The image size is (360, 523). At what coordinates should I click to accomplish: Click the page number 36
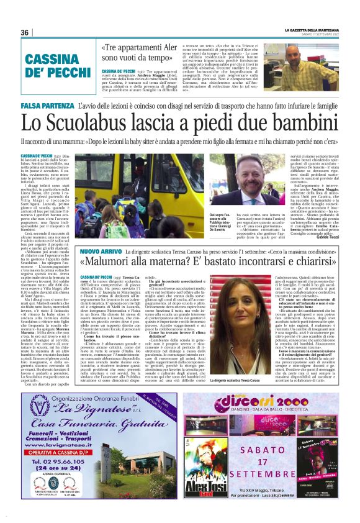tap(25, 32)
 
